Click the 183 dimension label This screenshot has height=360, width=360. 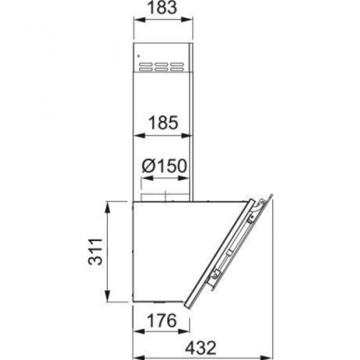click(x=162, y=8)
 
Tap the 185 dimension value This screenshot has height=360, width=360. click(x=163, y=123)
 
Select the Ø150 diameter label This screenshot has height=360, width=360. click(x=164, y=166)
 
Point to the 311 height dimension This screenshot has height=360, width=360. click(x=95, y=251)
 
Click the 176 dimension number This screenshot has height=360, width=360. click(x=161, y=320)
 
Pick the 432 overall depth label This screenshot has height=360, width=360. click(x=201, y=348)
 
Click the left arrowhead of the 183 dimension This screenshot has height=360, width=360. click(x=139, y=20)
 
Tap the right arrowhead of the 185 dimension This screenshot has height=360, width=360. click(x=187, y=136)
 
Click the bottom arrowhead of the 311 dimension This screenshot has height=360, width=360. click(x=109, y=296)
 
